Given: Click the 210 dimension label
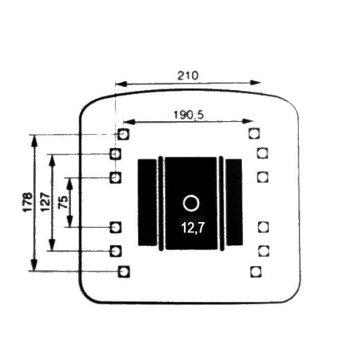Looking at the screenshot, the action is point(188,76).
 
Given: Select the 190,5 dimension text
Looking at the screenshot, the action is point(189,115).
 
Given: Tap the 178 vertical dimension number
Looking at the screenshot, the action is point(28,202).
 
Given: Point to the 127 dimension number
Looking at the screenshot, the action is point(45,202).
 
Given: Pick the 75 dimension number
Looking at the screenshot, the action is point(63,202).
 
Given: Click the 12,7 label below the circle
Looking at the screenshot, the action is point(193,228).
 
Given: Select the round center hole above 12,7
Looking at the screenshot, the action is point(191,203).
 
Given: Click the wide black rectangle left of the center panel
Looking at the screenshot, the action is point(147,202).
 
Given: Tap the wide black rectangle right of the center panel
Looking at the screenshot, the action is point(234,202).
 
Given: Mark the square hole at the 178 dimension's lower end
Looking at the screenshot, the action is point(123,272).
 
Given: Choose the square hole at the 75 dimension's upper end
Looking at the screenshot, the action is point(115,178).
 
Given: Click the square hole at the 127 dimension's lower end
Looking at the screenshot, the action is point(115,251).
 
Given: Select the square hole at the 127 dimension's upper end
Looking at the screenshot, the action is point(115,154).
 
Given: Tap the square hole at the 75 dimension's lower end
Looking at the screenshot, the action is point(115,228).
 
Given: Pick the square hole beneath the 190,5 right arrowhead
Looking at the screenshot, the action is point(254,134).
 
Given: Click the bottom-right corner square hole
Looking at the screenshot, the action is point(256,272).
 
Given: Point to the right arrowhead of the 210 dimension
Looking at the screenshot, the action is point(255,83).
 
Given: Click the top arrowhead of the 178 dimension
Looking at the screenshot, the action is point(34,140).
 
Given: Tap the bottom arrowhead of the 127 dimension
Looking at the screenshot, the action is point(53,245).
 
